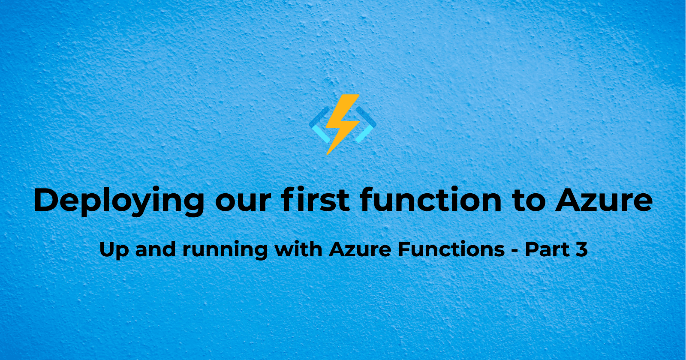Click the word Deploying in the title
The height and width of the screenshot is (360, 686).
[x=119, y=201]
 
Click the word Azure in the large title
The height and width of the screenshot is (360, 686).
[x=604, y=200]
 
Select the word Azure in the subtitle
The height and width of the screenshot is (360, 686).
[x=360, y=249]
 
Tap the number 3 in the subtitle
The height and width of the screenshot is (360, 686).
[x=581, y=249]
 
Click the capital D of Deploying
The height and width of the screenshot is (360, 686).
[x=47, y=200]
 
